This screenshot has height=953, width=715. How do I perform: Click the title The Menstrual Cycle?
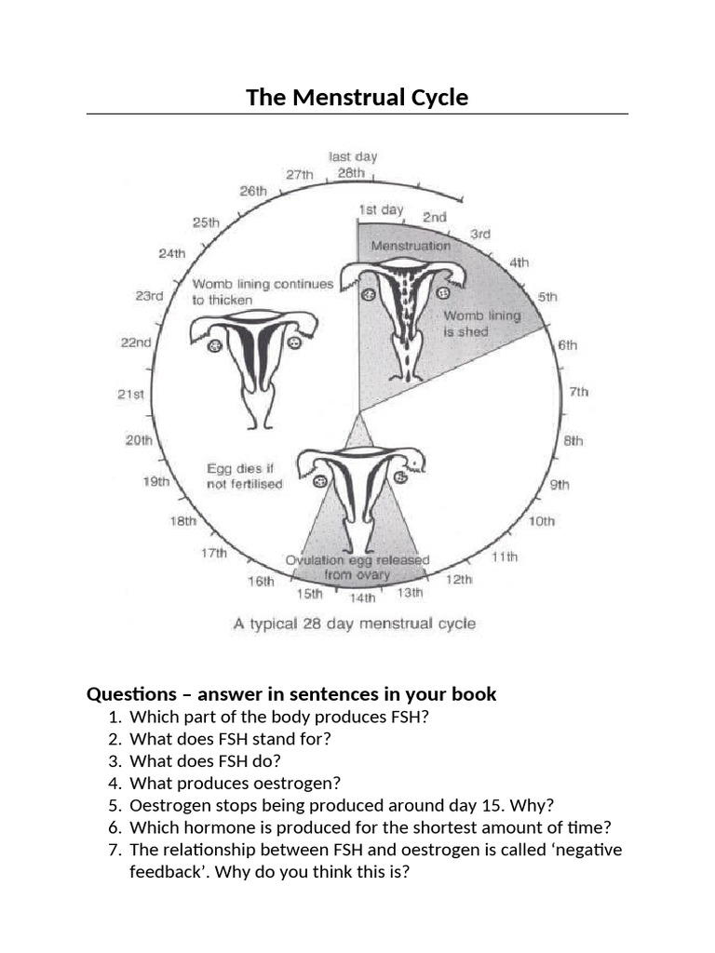pos(357,97)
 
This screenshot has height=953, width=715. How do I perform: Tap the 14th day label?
pos(363,597)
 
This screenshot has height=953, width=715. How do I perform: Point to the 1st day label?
pos(382,210)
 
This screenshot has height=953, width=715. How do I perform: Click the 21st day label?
pos(131,395)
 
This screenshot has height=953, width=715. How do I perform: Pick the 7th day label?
pos(578,392)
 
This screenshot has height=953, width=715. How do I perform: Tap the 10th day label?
pos(542,521)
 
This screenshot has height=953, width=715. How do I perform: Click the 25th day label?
pos(206,222)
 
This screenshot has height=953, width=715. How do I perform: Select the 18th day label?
pos(182,521)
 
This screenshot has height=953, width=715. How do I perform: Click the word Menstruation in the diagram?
pos(410,246)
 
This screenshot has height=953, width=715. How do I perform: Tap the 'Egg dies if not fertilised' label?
pos(244,476)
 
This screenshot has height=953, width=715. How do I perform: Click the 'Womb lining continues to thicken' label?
pos(262,292)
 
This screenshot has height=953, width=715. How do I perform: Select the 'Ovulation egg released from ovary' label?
pos(357,567)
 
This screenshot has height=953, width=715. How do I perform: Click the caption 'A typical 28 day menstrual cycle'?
pos(354,624)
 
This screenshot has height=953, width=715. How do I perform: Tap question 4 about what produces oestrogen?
pos(236,784)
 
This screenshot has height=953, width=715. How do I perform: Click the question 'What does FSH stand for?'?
pos(230,739)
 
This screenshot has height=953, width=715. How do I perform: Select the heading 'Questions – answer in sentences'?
pos(291,694)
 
